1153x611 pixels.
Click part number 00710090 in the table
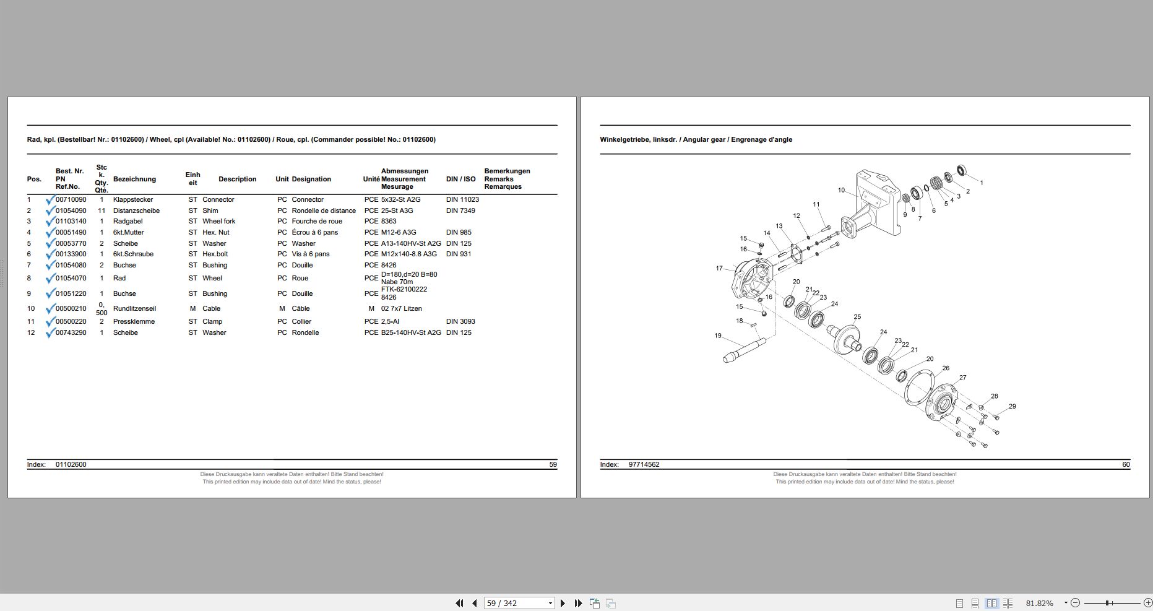click(x=71, y=199)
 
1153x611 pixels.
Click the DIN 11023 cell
click(x=462, y=199)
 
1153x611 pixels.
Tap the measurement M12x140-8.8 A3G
click(x=408, y=254)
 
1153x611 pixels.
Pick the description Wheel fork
click(x=218, y=221)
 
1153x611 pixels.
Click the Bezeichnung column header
click(x=134, y=179)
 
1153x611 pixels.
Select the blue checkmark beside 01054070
click(x=50, y=278)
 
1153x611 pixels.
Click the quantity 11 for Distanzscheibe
click(x=101, y=210)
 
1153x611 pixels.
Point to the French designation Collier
click(x=301, y=321)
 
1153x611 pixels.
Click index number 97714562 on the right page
click(x=644, y=464)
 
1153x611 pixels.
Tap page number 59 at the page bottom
click(x=553, y=464)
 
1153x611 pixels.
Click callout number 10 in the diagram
click(x=841, y=190)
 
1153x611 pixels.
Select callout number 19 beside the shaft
click(x=718, y=336)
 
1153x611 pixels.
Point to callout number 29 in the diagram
click(x=1012, y=406)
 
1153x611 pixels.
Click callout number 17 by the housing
click(x=719, y=268)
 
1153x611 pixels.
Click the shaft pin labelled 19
click(x=743, y=350)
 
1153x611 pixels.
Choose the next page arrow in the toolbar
click(x=563, y=603)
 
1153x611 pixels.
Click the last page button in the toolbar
click(x=579, y=603)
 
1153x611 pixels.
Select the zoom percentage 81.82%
click(x=1039, y=603)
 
